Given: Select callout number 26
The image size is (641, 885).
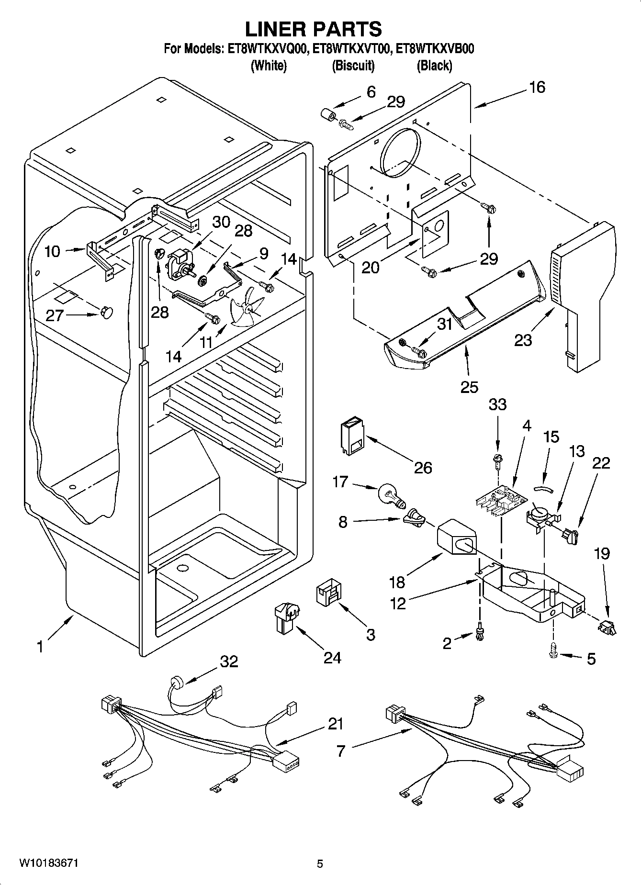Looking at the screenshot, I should click(x=423, y=467).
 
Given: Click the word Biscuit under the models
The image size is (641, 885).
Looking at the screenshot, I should click(x=353, y=66).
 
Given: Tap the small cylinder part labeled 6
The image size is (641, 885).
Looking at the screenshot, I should click(x=327, y=115).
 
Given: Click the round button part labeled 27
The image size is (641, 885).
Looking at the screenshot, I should click(x=107, y=313).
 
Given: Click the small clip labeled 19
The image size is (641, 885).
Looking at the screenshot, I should click(x=607, y=627).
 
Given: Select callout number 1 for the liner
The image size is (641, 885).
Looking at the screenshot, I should click(x=40, y=647).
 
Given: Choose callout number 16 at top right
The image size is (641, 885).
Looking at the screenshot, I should click(x=537, y=87).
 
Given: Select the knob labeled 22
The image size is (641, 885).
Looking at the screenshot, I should click(x=570, y=536).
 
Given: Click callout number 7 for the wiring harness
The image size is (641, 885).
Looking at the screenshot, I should click(x=340, y=751).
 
